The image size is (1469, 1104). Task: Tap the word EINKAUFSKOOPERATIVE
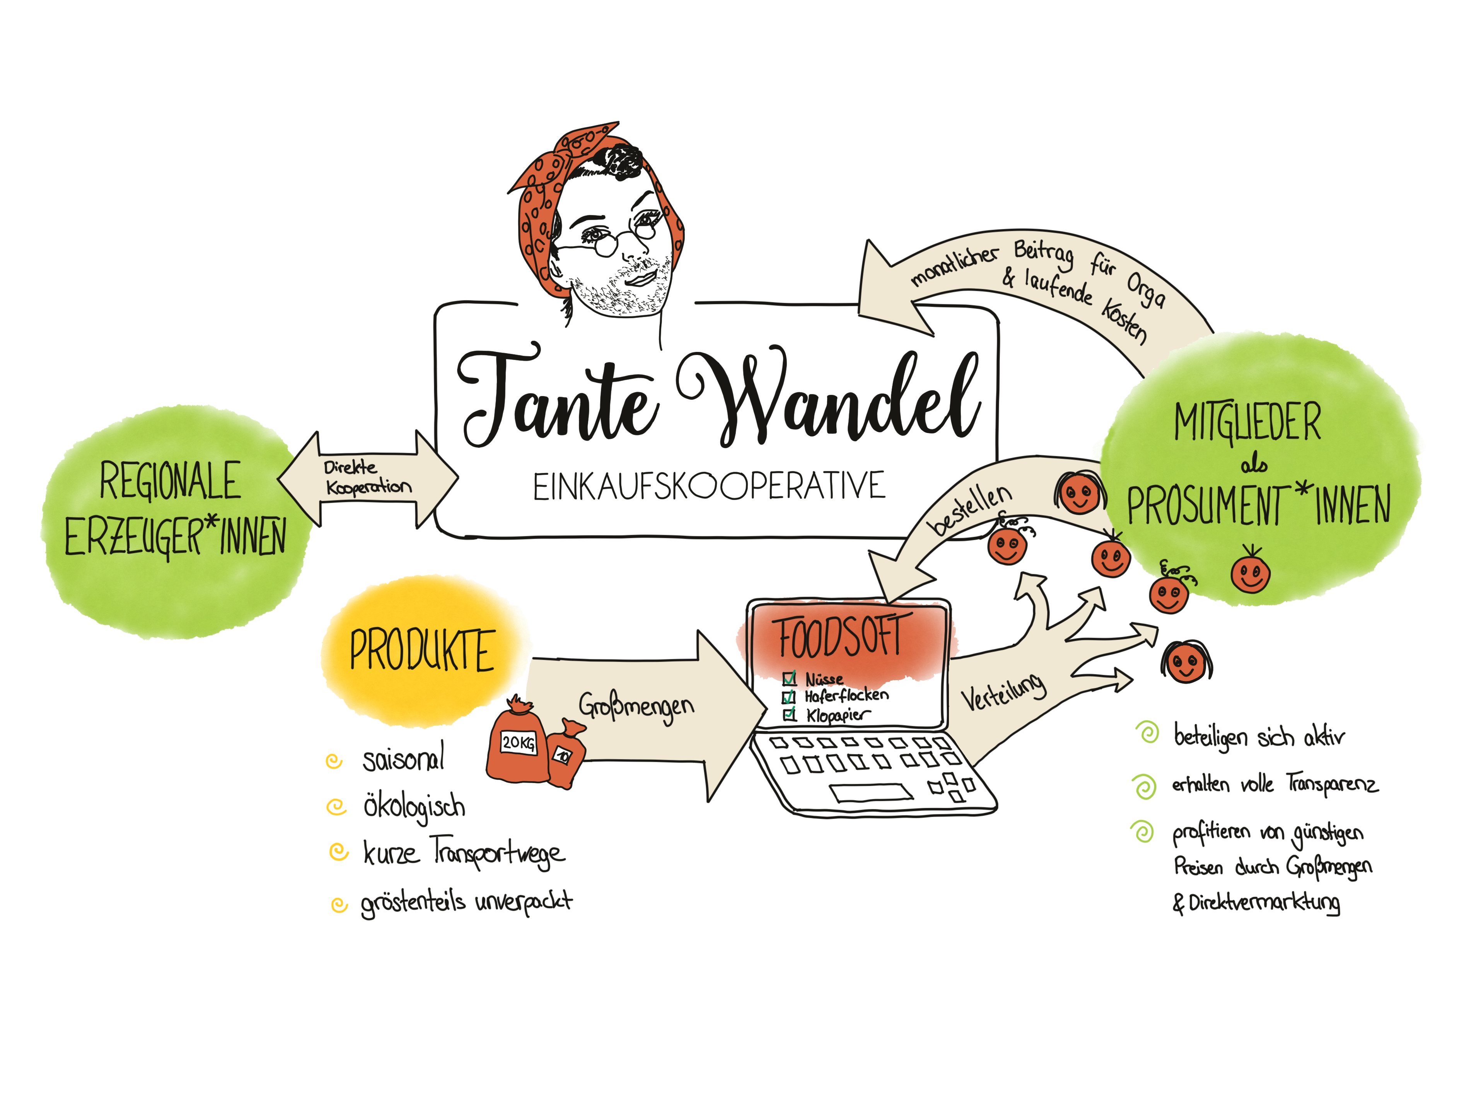tap(709, 486)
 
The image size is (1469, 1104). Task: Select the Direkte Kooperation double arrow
tap(368, 479)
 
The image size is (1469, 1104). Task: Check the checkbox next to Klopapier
tap(790, 715)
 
